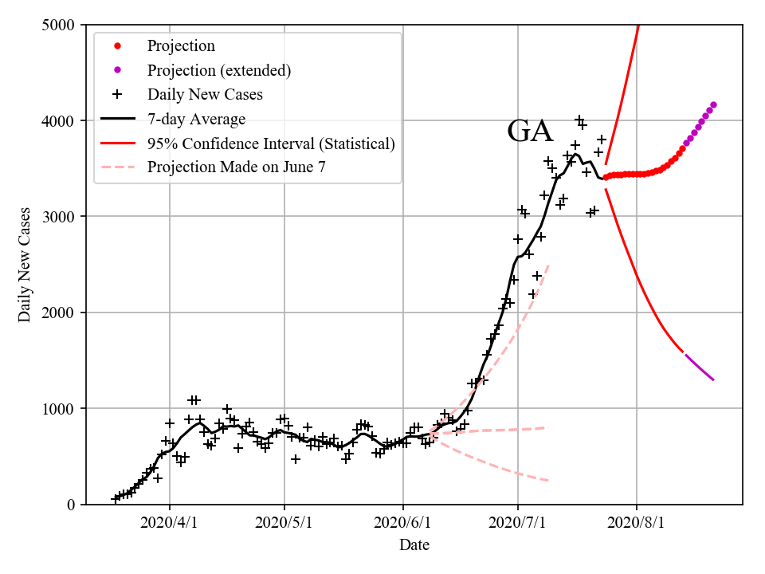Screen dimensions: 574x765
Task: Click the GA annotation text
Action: tap(530, 132)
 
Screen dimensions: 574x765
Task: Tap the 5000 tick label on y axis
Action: tap(59, 25)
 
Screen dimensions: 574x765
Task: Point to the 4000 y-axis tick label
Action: tap(59, 121)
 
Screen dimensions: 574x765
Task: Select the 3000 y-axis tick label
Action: tap(59, 217)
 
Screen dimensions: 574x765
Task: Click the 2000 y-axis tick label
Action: tap(59, 313)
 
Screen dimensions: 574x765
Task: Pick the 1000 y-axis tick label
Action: tap(59, 409)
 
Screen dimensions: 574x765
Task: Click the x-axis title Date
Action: tap(414, 545)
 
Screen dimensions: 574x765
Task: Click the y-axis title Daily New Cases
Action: tap(25, 265)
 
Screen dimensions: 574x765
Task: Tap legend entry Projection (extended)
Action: tap(218, 70)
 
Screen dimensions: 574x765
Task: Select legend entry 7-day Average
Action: tap(196, 119)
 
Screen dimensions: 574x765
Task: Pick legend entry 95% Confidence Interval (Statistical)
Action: tap(271, 143)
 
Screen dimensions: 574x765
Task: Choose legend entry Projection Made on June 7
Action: tap(237, 167)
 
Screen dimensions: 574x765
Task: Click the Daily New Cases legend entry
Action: tap(205, 94)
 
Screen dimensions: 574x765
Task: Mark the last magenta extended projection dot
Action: tap(713, 104)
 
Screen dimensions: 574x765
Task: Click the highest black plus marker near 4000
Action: tap(579, 120)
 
